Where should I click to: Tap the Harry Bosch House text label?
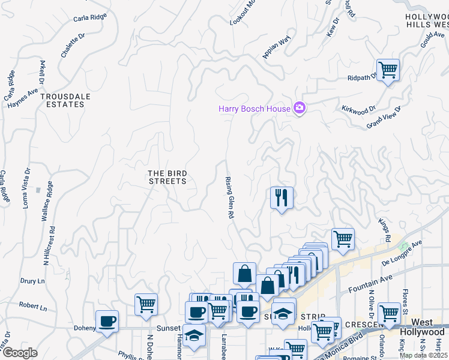pos(254,109)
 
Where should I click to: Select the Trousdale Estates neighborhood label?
pos(62,100)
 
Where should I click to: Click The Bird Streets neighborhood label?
pos(167,177)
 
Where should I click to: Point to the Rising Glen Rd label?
pos(229,197)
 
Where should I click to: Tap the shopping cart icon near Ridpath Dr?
pos(388,70)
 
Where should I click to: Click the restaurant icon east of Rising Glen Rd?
pos(282,196)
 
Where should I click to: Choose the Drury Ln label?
pos(32,281)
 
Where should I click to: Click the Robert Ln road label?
pos(32,306)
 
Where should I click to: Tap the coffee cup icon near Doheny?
pos(107,321)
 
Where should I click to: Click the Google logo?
pos(20,353)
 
